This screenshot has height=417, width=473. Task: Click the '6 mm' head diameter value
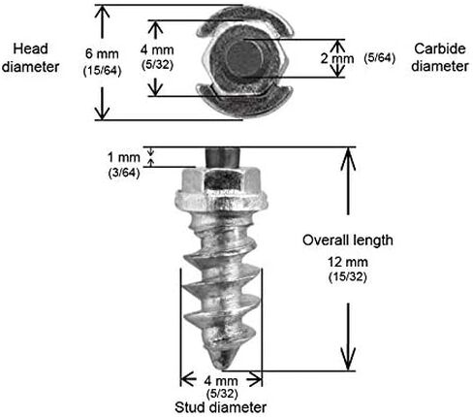coord(102,53)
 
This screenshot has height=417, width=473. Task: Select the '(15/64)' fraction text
coord(102,71)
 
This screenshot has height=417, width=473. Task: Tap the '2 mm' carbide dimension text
coord(337,58)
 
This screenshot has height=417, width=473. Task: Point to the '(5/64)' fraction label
coord(380,58)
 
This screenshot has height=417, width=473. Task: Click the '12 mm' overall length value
coord(348,262)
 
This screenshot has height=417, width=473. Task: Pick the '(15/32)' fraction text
coord(348,277)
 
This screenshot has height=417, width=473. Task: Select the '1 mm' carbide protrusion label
coord(124,157)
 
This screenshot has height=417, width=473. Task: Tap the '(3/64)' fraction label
coord(124,173)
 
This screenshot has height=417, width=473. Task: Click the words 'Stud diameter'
coord(221,407)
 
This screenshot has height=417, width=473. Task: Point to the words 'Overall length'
coord(348,241)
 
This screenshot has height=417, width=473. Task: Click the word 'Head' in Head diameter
coord(30,48)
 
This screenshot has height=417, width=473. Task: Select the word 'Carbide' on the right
coord(440,48)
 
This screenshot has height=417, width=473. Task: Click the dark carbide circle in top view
coord(244,58)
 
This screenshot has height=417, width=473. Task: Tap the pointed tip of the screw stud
coord(225,367)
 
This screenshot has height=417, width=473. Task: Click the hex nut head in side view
coord(221,179)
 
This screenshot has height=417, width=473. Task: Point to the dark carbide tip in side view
coord(222,157)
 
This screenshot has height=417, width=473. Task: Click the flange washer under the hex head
coord(221,201)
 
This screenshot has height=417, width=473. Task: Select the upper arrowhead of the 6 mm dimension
coord(102,12)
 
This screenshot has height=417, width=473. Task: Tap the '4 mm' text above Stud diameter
coord(221,381)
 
